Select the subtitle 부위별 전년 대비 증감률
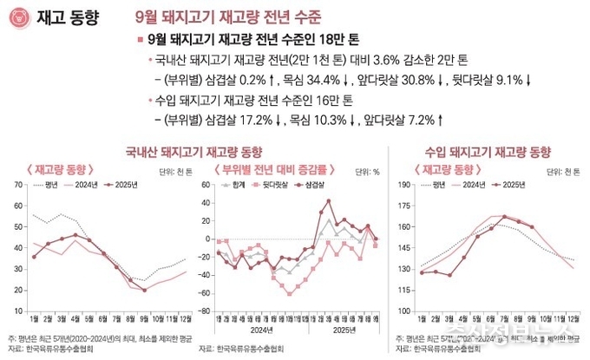tap(268, 167)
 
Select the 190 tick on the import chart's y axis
tap(403, 185)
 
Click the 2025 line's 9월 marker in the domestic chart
tap(145, 290)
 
